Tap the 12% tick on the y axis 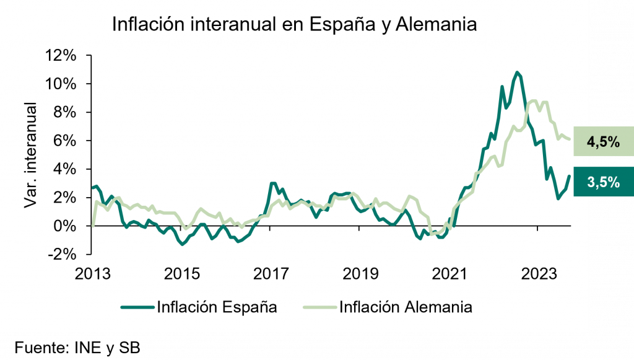pos(60,55)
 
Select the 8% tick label pos(64,112)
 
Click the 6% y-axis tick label pos(64,141)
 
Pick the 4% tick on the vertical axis pos(64,169)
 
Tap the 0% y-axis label pos(64,226)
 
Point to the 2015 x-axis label pos(181,273)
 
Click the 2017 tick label pos(271,273)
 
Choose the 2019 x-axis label pos(360,273)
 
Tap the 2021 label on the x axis pos(449,273)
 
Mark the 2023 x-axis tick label pos(538,273)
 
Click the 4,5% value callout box pos(603,142)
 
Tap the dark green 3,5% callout pos(603,182)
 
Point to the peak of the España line pos(517,72)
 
